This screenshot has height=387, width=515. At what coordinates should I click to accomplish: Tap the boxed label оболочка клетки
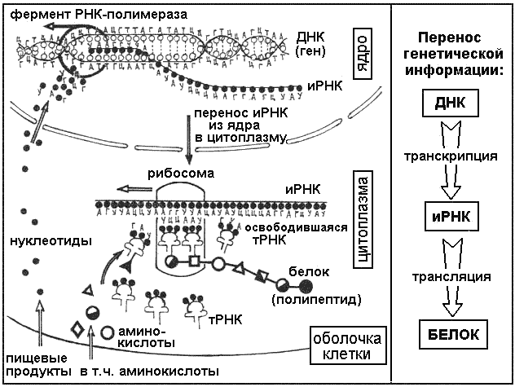[x=340, y=346]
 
